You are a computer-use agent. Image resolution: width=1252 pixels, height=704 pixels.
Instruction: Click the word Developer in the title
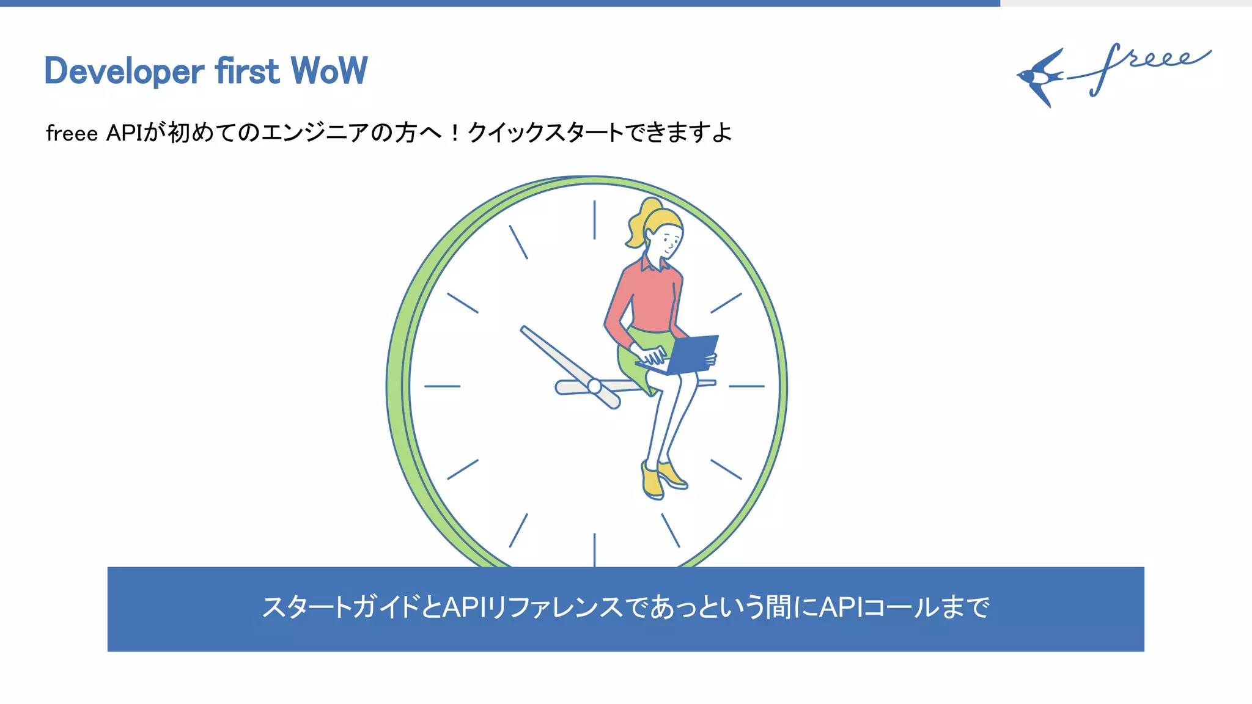tap(124, 71)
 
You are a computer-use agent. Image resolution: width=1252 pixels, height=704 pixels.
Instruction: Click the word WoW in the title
tap(329, 71)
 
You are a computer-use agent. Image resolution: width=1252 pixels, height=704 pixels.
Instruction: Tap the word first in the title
tap(247, 71)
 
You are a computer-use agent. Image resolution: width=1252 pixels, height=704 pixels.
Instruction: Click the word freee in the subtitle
tap(72, 133)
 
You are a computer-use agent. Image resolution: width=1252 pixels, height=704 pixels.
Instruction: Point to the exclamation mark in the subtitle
tap(454, 133)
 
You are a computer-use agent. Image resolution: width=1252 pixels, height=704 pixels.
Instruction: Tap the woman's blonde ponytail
tap(639, 224)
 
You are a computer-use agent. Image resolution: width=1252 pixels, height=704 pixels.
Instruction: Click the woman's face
tap(668, 241)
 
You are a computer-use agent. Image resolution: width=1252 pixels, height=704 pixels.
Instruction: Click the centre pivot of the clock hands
tap(594, 386)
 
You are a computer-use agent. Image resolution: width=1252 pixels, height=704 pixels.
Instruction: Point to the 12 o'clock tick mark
tap(594, 219)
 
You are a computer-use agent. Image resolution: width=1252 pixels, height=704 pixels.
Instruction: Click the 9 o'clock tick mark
tap(442, 386)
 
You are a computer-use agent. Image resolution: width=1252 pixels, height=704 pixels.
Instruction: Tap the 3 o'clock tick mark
tap(746, 386)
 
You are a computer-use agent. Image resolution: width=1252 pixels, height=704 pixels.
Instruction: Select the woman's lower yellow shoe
tap(652, 483)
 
